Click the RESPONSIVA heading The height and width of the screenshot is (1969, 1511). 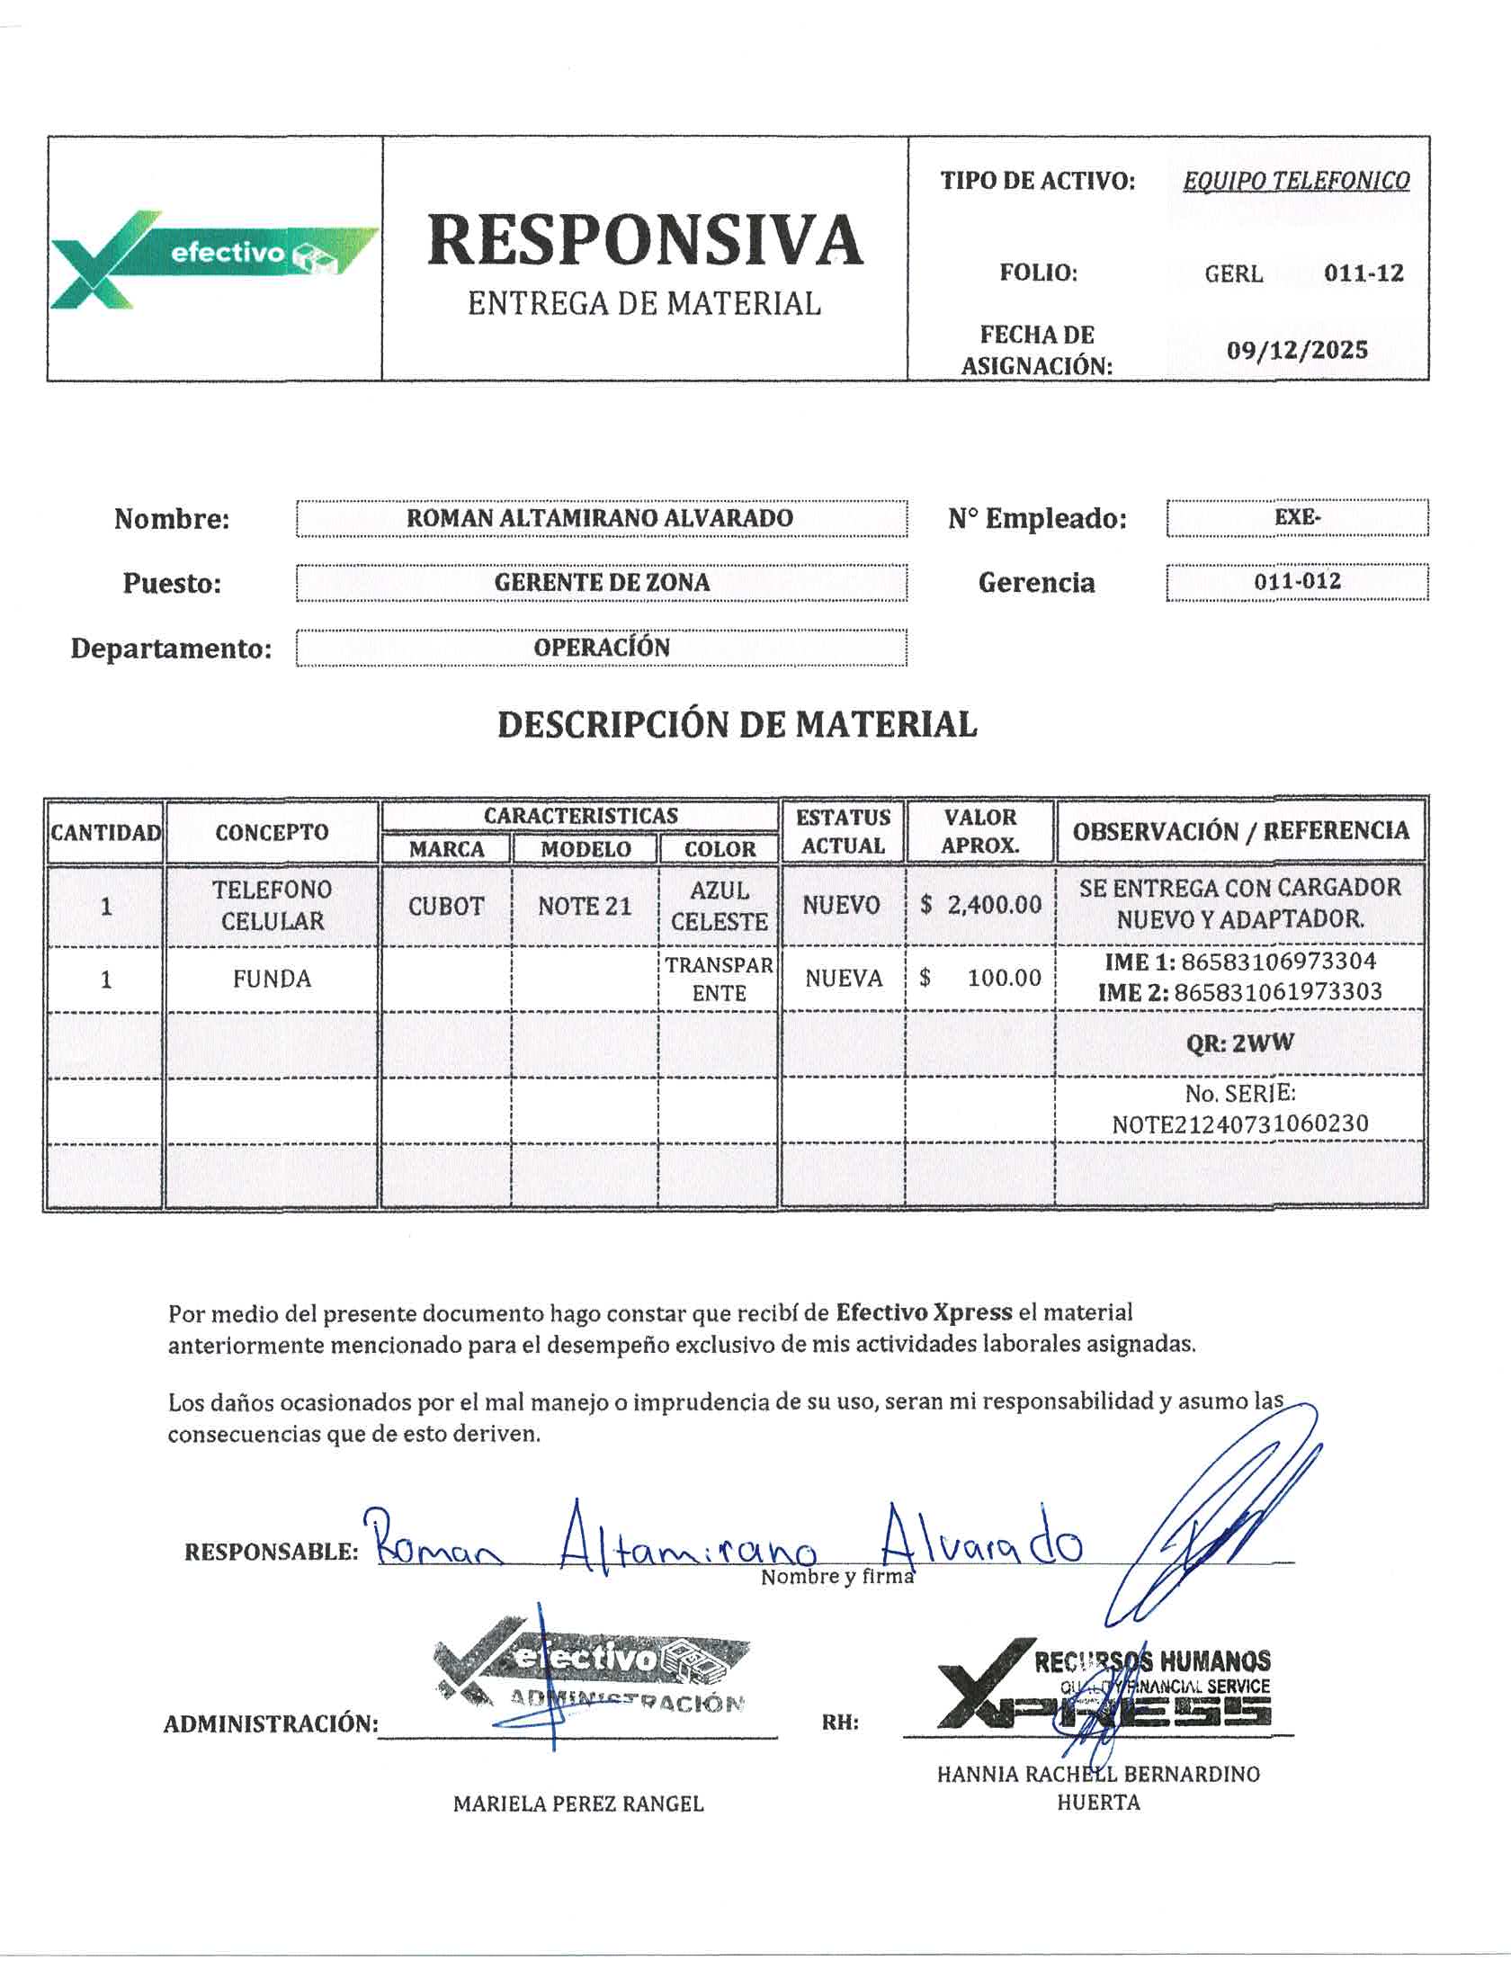(645, 240)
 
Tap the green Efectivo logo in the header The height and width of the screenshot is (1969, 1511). (214, 259)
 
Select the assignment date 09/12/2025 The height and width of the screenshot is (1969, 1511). (1297, 350)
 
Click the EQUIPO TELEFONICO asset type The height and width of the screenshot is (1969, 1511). (1296, 181)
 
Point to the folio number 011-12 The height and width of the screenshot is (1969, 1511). (1363, 273)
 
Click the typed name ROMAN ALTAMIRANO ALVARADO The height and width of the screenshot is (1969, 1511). (600, 518)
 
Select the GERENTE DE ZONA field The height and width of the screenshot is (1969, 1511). (602, 583)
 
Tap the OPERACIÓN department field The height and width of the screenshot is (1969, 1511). (602, 648)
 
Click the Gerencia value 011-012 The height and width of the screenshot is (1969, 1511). (1297, 581)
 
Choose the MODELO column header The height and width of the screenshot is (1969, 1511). (586, 849)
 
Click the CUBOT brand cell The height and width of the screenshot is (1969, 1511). (446, 906)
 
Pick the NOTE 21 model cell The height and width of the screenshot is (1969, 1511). (585, 906)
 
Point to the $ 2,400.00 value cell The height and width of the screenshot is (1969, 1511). (980, 905)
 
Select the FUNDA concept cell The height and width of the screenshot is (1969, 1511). (272, 979)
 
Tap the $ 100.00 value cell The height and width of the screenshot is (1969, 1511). (980, 979)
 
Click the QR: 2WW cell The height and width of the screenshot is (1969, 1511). (1240, 1043)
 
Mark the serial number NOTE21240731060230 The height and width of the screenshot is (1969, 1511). (1240, 1123)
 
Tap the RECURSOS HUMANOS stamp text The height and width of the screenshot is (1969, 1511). (1152, 1661)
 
